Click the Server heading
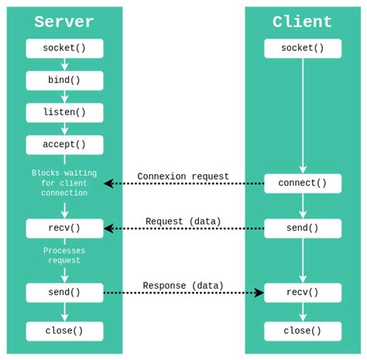click(64, 22)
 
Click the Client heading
click(302, 22)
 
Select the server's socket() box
click(64, 48)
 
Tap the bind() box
click(64, 81)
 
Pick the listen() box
click(64, 112)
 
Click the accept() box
click(64, 145)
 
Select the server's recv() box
click(64, 228)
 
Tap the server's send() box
click(64, 293)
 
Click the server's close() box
click(64, 331)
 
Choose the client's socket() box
click(302, 48)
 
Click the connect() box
click(302, 183)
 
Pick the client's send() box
click(302, 228)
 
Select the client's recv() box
click(302, 293)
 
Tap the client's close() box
click(302, 331)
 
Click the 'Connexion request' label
click(183, 177)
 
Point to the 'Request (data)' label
click(183, 221)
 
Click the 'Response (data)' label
click(183, 286)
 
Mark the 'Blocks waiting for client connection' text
click(64, 183)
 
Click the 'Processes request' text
click(64, 255)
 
